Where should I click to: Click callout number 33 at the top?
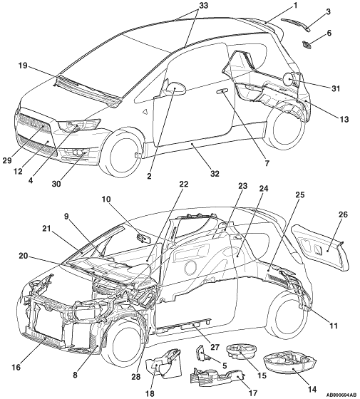click(x=202, y=5)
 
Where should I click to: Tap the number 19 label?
click(x=23, y=66)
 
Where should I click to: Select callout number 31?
click(x=336, y=88)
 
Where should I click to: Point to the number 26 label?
click(x=343, y=214)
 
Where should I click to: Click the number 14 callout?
click(x=312, y=389)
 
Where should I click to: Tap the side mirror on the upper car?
click(x=177, y=88)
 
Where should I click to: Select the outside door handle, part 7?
click(x=222, y=91)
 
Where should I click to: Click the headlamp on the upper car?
click(x=79, y=125)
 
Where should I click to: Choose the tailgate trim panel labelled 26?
click(x=319, y=248)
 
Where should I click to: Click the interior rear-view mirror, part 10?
click(x=143, y=238)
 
